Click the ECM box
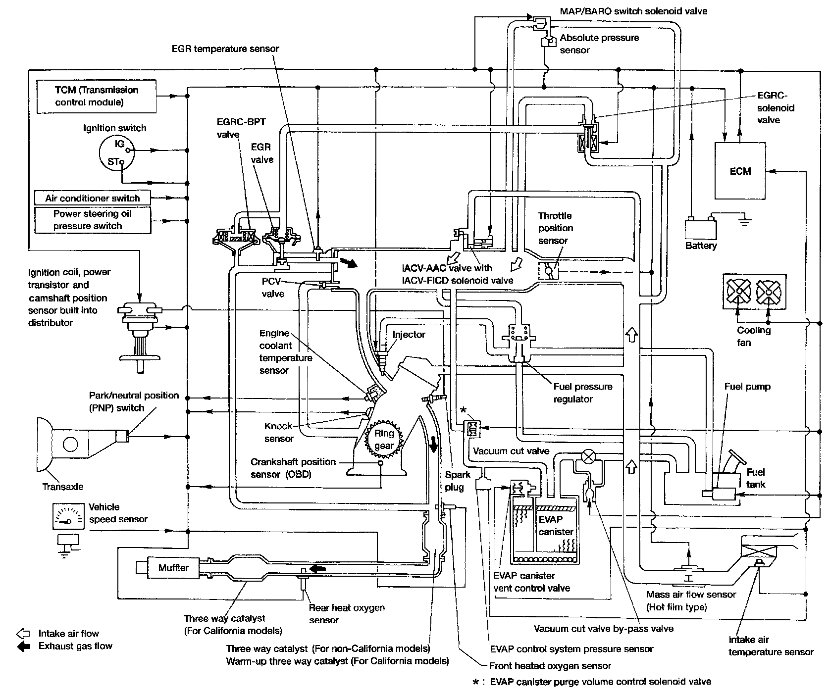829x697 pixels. point(740,171)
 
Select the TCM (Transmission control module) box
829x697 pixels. point(97,97)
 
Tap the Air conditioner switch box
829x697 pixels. point(93,198)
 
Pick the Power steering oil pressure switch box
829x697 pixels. point(93,220)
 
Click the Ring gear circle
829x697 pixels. point(384,439)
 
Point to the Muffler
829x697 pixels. point(173,567)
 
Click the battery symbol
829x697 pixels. point(700,228)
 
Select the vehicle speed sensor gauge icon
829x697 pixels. point(69,517)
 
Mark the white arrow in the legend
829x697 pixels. point(23,634)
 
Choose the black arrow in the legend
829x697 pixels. point(23,646)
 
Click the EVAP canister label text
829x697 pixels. point(556,526)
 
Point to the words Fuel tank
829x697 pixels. point(756,478)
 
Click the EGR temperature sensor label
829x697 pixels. point(225,49)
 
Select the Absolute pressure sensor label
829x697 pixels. point(599,44)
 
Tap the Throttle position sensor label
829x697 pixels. point(555,228)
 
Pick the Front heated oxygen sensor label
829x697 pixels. point(550,666)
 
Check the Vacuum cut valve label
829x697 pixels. point(511,451)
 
